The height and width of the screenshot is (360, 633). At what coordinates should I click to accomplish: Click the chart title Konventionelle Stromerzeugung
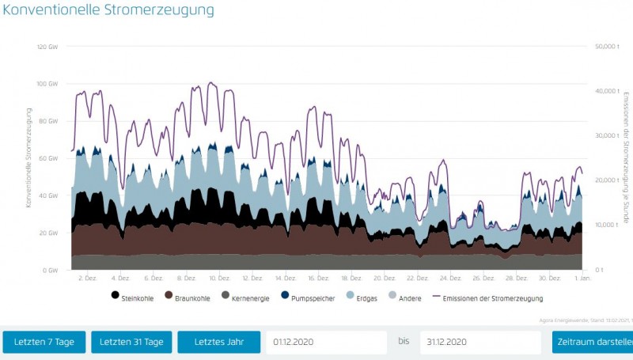click(108, 11)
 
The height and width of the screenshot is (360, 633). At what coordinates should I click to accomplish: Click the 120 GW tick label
click(47, 47)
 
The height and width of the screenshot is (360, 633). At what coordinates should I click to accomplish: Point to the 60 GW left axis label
click(49, 158)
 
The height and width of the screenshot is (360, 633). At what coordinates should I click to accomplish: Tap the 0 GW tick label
click(51, 270)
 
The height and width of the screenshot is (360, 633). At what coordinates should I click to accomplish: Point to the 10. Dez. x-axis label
click(219, 279)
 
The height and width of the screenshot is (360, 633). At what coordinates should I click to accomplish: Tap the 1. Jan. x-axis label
click(582, 279)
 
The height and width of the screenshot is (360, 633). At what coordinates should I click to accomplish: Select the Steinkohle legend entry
click(133, 298)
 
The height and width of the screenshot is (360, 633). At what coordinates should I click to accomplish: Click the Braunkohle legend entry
click(187, 298)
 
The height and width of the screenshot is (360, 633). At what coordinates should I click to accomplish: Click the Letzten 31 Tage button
click(131, 342)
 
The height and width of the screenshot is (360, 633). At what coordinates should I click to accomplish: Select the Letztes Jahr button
click(218, 342)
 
